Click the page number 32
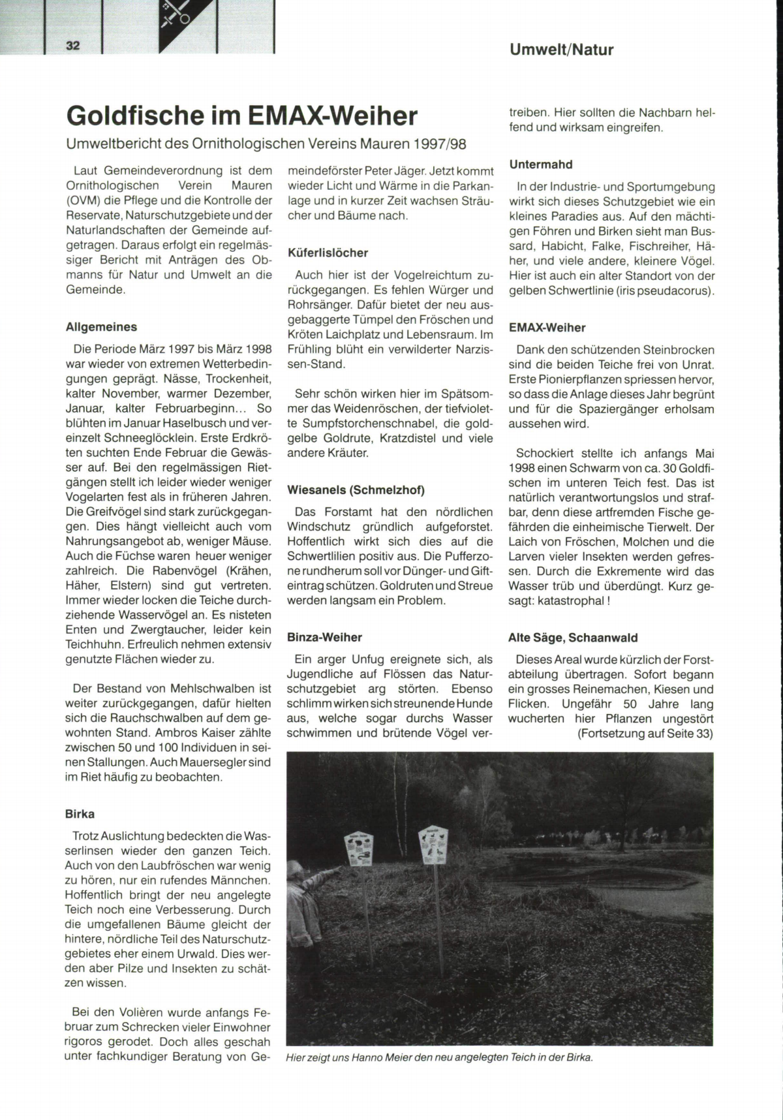click(72, 45)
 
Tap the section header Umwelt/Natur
click(561, 50)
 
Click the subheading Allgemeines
click(101, 327)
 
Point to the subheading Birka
click(80, 814)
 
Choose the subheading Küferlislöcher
click(328, 253)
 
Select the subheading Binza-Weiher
click(324, 637)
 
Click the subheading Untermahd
click(540, 164)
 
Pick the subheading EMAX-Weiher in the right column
click(547, 328)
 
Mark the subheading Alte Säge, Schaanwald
click(573, 638)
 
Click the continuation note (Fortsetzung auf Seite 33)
click(645, 734)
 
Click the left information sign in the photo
click(360, 852)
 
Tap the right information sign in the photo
click(433, 846)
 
